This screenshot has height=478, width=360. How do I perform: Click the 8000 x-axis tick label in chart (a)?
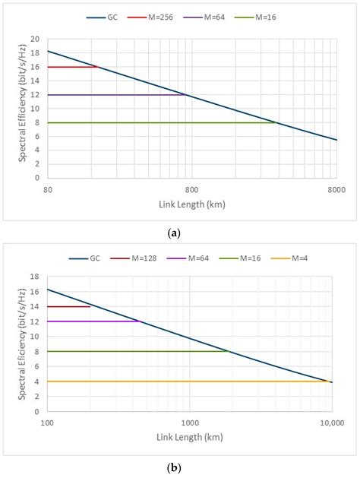tap(336, 189)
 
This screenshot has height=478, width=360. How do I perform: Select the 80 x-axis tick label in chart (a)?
tap(48, 189)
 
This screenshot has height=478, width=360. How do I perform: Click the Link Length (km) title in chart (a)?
tap(191, 204)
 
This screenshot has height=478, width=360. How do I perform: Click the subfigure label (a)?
tap(180, 223)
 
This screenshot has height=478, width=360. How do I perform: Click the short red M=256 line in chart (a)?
tap(72, 67)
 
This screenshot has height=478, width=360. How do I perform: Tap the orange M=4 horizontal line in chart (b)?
tap(190, 381)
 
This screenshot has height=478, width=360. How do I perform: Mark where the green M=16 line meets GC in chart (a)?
tap(276, 122)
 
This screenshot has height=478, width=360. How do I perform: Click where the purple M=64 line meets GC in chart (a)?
tap(185, 94)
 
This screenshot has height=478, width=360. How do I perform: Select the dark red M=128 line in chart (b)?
tap(68, 306)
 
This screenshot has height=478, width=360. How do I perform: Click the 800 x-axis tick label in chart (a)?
tap(191, 189)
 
